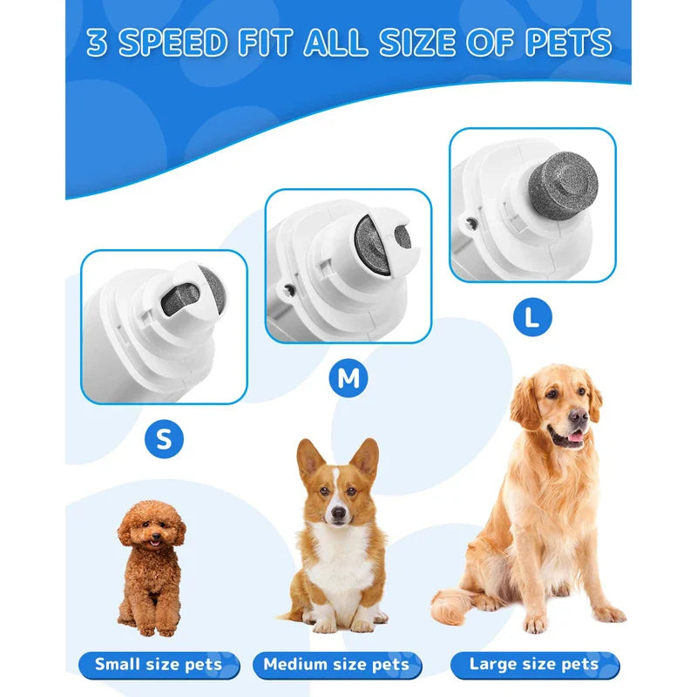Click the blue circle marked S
coord(164,439)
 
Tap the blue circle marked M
coord(348,377)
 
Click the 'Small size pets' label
coord(159,665)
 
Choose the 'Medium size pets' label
coord(336,665)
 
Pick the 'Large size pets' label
coord(533,665)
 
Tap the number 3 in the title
coord(97,44)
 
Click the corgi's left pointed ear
coord(309,460)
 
